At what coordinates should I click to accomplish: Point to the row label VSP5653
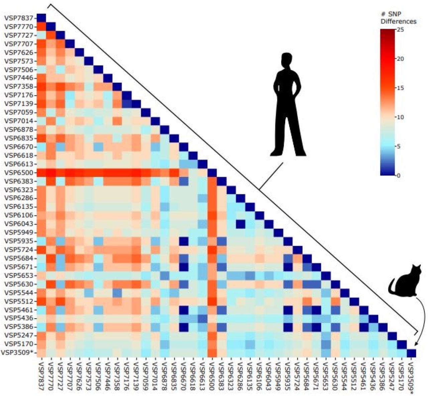click(x=18, y=275)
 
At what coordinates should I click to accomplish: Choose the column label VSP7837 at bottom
click(x=41, y=375)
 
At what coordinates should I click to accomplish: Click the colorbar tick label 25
click(x=400, y=29)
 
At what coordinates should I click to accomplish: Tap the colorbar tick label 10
click(x=400, y=117)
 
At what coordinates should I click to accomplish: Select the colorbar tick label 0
click(x=398, y=175)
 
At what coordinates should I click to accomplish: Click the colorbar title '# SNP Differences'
click(x=398, y=18)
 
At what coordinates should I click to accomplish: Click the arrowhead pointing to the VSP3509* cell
click(x=415, y=345)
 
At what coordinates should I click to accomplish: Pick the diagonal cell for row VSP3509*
click(x=412, y=353)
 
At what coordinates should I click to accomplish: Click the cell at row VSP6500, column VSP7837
click(x=41, y=172)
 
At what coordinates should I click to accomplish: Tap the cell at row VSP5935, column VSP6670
click(x=183, y=241)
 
